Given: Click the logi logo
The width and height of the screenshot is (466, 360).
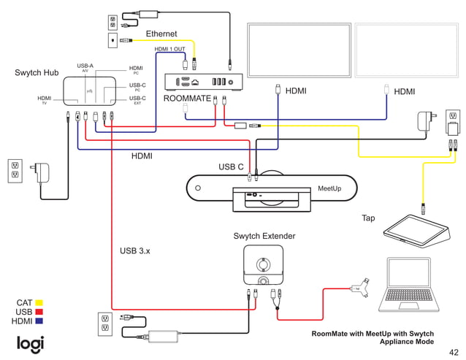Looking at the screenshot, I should (x=30, y=343).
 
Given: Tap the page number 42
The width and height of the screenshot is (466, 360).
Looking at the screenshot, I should (x=454, y=351).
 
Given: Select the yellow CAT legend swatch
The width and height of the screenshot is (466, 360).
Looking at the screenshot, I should (x=39, y=302).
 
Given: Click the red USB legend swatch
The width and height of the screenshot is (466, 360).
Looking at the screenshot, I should (x=39, y=312).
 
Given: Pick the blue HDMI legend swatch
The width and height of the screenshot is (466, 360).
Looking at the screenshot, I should (x=39, y=321).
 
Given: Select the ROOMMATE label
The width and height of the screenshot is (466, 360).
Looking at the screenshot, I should (x=187, y=98).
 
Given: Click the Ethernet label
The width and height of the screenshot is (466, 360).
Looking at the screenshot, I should (x=161, y=34).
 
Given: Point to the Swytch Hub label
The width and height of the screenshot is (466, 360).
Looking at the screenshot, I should (x=37, y=73).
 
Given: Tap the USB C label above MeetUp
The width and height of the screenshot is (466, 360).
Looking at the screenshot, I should (x=231, y=167).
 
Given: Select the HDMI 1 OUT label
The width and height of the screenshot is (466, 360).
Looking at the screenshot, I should (x=170, y=49).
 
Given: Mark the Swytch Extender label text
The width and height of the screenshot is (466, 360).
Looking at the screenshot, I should (x=264, y=236).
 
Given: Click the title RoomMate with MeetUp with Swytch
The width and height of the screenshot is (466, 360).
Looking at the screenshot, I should (x=373, y=334).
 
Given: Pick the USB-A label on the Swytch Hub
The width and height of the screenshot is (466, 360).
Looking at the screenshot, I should (x=85, y=66).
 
